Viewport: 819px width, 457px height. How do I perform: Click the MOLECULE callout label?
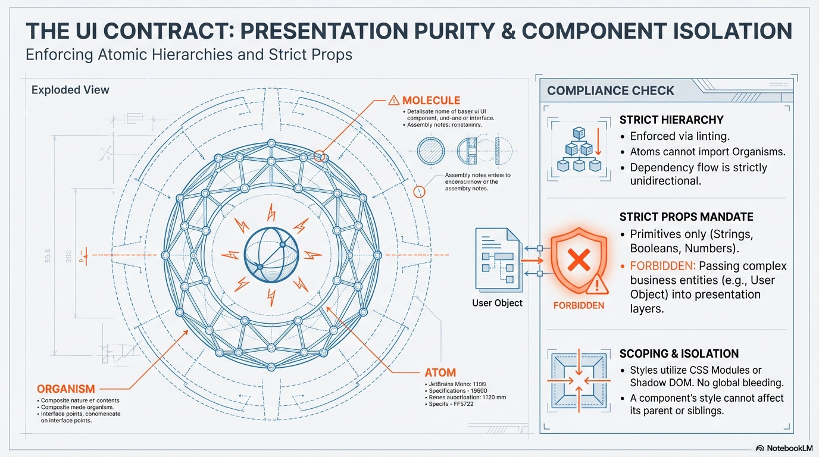click(431, 101)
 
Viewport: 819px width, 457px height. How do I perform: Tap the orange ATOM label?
click(440, 373)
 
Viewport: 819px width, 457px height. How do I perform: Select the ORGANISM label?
click(66, 389)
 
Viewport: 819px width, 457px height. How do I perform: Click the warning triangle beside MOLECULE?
click(393, 101)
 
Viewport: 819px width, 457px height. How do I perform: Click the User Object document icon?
click(498, 260)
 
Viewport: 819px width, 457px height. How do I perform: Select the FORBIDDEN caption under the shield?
click(579, 305)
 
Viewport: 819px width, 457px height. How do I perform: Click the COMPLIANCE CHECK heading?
click(611, 90)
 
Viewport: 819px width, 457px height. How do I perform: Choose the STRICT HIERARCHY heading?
click(671, 120)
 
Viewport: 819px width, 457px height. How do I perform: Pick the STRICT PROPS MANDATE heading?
click(686, 217)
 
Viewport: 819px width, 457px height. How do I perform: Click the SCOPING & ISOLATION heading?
click(679, 353)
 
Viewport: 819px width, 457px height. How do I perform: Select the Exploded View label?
click(70, 90)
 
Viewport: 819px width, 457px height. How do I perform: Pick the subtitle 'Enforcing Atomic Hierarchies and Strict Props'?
click(189, 55)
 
